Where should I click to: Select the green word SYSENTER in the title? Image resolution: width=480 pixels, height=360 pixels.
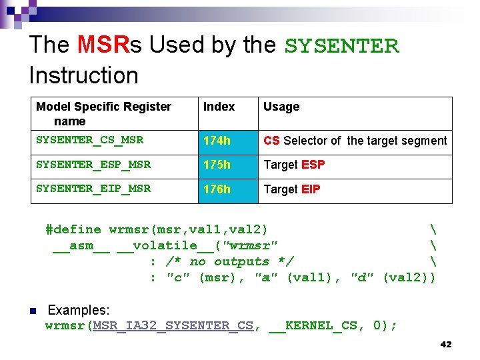coord(341,46)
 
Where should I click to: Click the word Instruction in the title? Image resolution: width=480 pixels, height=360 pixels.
coord(83,75)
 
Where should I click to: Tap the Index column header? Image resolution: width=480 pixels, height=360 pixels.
coord(219,107)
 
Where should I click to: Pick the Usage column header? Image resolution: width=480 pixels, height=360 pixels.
coord(281,107)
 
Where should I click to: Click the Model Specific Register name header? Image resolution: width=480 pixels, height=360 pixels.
coord(103,114)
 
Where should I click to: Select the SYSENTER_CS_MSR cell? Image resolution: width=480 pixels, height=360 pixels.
coord(89,141)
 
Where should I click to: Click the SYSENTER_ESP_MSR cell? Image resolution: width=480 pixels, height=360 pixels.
coord(93,165)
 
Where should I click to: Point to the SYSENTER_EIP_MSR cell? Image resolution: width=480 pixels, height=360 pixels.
coord(93,189)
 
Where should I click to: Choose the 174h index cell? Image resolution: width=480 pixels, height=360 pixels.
coord(217,141)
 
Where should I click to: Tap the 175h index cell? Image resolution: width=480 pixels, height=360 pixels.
coord(217,165)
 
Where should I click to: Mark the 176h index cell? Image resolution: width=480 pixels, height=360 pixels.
coord(217,189)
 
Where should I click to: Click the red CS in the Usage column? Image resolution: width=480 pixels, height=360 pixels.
coord(271,141)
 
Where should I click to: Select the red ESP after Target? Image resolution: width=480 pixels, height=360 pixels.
coord(313,165)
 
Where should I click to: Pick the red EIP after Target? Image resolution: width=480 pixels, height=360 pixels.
coord(311,189)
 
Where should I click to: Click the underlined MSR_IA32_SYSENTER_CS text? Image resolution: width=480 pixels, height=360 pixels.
coord(173,325)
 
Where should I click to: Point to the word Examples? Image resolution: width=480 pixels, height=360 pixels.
coord(79,310)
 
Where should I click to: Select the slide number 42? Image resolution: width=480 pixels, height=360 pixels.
coord(446,345)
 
